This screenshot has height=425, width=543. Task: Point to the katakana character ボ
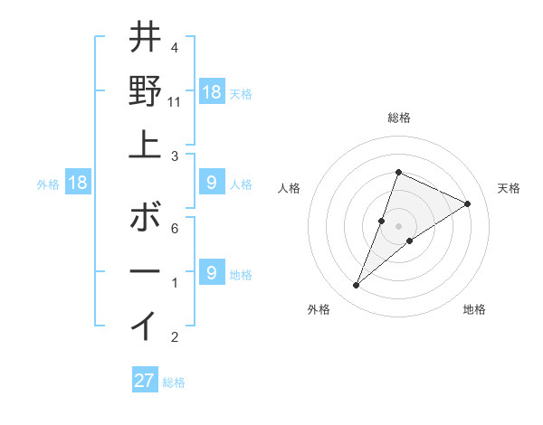pyautogui.click(x=145, y=217)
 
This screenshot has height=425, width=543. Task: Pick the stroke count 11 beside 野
pyautogui.click(x=175, y=102)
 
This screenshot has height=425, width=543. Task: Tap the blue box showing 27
pyautogui.click(x=145, y=381)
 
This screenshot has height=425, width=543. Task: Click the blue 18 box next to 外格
pyautogui.click(x=78, y=184)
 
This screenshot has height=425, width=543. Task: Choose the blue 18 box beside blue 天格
pyautogui.click(x=212, y=92)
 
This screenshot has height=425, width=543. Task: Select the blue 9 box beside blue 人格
pyautogui.click(x=212, y=184)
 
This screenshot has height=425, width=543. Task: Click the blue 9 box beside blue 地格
pyautogui.click(x=212, y=272)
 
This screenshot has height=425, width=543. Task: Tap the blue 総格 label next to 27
pyautogui.click(x=174, y=382)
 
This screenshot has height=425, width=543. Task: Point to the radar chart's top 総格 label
pyautogui.click(x=398, y=118)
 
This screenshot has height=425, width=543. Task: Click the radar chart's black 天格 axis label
pyautogui.click(x=509, y=188)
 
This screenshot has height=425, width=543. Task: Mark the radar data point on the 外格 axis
pyautogui.click(x=356, y=286)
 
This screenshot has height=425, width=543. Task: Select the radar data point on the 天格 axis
pyautogui.click(x=468, y=203)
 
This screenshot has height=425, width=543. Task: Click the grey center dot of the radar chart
pyautogui.click(x=398, y=226)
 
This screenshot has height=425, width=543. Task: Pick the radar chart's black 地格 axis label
pyautogui.click(x=474, y=309)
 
